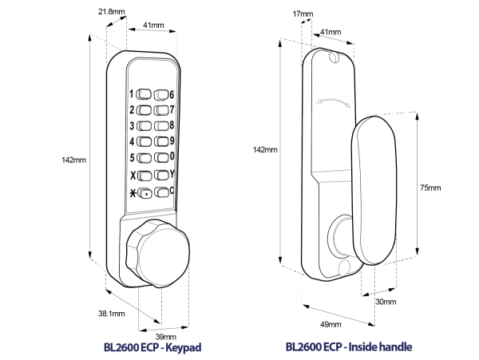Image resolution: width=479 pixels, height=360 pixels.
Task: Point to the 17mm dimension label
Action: pos(303,14)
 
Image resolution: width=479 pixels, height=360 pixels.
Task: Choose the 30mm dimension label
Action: pos(386,301)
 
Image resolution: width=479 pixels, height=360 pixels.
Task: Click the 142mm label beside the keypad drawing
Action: pos(73,160)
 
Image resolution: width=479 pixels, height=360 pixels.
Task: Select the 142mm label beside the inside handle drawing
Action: pos(265,149)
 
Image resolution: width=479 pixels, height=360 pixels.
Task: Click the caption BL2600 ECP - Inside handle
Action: pos(347,349)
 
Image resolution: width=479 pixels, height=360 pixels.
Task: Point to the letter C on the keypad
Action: pos(172,192)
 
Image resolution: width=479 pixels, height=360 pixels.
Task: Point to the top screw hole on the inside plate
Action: pos(331,57)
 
